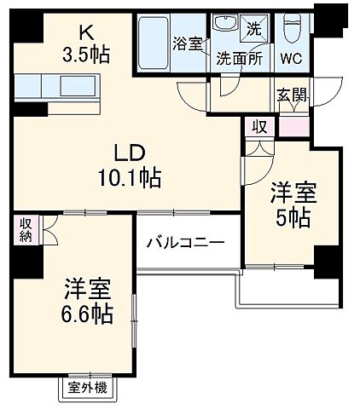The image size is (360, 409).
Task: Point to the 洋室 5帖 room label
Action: (x=292, y=204)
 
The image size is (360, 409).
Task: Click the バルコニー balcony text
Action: (x=183, y=242)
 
